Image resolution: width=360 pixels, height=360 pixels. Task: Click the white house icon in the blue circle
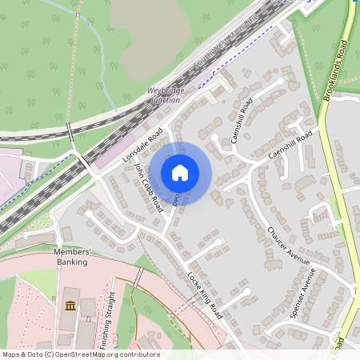coord(180,173)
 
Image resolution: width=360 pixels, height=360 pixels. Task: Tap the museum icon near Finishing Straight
coord(70,306)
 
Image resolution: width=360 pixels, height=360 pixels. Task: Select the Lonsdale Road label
coord(143,146)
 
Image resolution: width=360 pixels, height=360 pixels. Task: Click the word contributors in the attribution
coord(138,354)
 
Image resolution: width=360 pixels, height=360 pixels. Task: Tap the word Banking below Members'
coord(72,260)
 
